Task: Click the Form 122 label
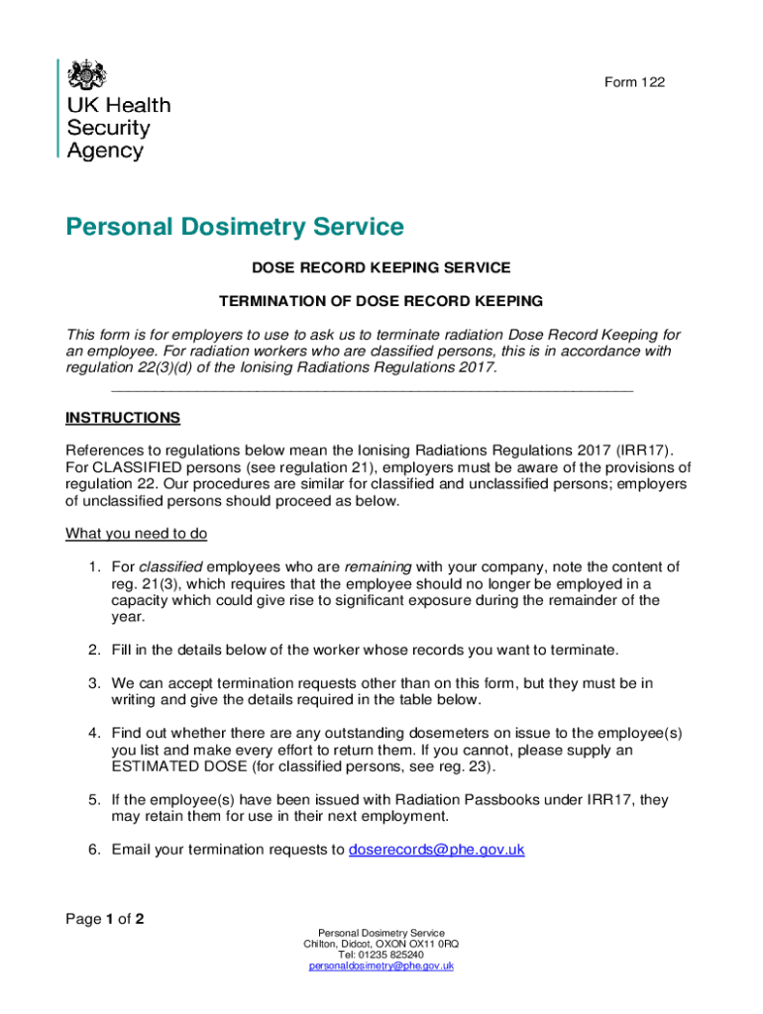(634, 82)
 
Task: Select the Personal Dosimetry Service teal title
(235, 228)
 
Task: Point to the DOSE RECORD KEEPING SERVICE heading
(381, 267)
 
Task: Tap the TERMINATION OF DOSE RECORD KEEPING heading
(381, 301)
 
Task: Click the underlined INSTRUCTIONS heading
(123, 418)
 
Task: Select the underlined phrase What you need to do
(136, 534)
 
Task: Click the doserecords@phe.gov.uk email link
(437, 850)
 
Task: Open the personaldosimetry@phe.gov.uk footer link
(381, 965)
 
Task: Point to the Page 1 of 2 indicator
(105, 919)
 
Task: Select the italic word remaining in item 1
(378, 567)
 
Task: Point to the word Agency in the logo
(105, 152)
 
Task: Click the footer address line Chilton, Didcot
(381, 944)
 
